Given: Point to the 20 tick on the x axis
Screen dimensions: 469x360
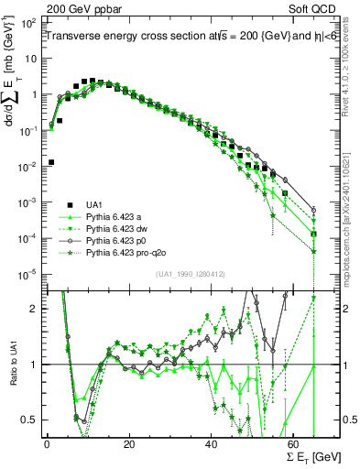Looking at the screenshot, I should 128,443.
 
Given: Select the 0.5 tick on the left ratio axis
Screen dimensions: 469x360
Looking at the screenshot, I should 31,420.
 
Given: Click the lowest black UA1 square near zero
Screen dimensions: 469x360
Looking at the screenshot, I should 49,162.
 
